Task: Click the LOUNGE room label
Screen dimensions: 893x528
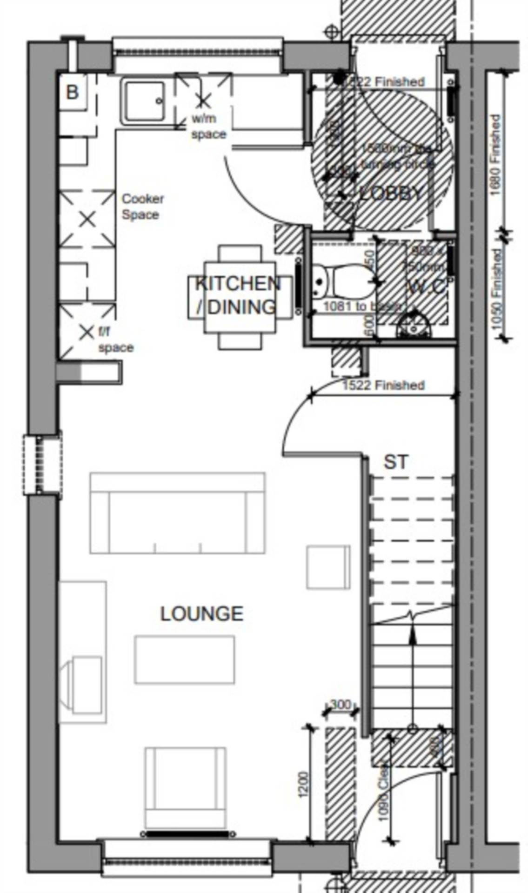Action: pos(201,614)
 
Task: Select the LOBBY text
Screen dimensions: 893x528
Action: pos(392,193)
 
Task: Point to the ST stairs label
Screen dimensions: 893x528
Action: pos(396,462)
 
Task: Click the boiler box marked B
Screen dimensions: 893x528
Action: pos(73,92)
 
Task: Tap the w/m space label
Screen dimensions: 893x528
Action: pos(208,127)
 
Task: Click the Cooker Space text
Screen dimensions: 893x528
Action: pos(142,207)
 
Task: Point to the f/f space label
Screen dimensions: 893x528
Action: pos(115,340)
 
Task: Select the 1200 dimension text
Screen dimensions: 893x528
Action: pos(303,784)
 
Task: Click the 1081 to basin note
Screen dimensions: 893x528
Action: pos(361,306)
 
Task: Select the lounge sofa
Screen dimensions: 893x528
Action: pos(178,513)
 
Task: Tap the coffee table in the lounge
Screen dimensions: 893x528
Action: pos(184,660)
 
